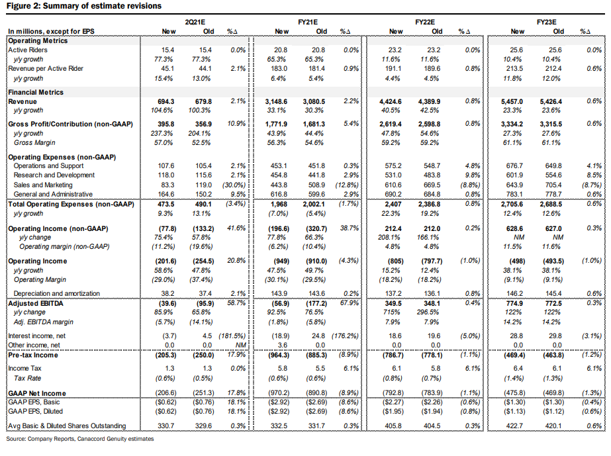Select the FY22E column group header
(424, 22)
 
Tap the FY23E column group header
(545, 22)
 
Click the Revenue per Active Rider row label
(44, 68)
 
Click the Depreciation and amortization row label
(55, 293)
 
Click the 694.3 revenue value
(166, 101)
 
